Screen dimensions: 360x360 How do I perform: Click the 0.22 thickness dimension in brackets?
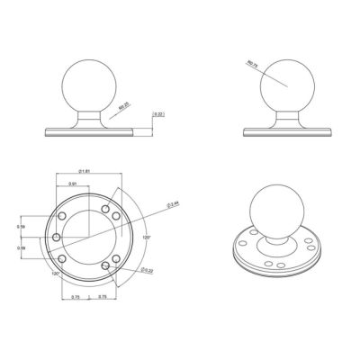pyautogui.click(x=158, y=115)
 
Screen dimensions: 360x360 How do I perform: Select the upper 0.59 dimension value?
pyautogui.click(x=21, y=228)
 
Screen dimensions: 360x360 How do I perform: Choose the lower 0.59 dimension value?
pyautogui.click(x=21, y=247)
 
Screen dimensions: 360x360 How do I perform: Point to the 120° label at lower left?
pyautogui.click(x=56, y=273)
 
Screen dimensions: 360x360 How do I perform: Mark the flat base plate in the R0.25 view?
pyautogui.click(x=87, y=130)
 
